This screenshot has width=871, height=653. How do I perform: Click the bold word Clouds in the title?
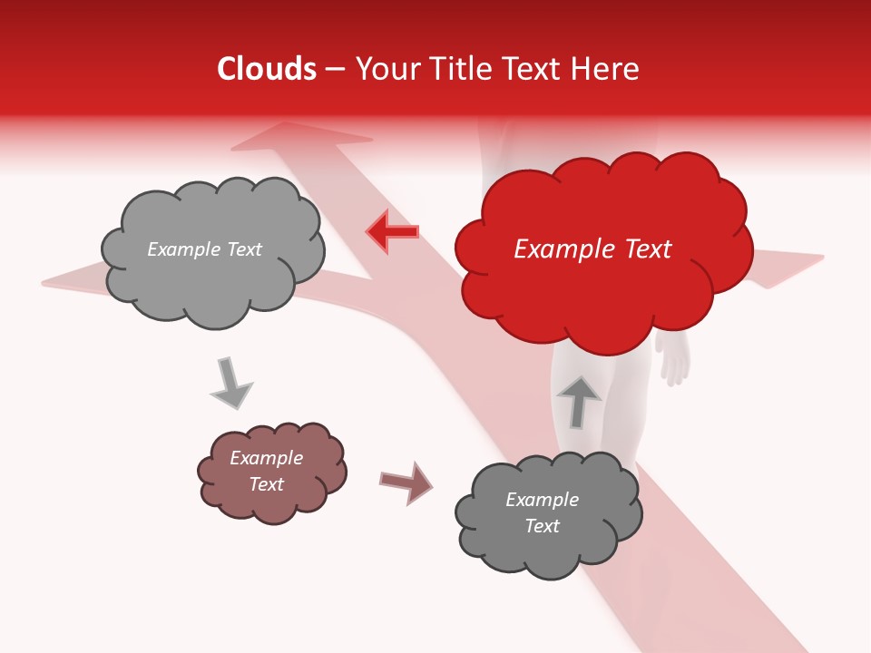click(x=267, y=69)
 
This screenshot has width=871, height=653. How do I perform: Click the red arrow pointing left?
click(x=393, y=232)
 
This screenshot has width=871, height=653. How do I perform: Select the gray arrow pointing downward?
click(x=231, y=383)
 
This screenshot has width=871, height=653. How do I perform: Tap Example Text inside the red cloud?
click(x=592, y=249)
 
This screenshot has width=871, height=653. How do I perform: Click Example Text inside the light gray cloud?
click(x=204, y=249)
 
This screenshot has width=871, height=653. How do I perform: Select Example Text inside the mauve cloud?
click(x=267, y=471)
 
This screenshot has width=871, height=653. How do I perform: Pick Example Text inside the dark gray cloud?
click(x=542, y=512)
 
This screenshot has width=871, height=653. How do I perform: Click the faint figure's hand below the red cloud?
click(x=674, y=361)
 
